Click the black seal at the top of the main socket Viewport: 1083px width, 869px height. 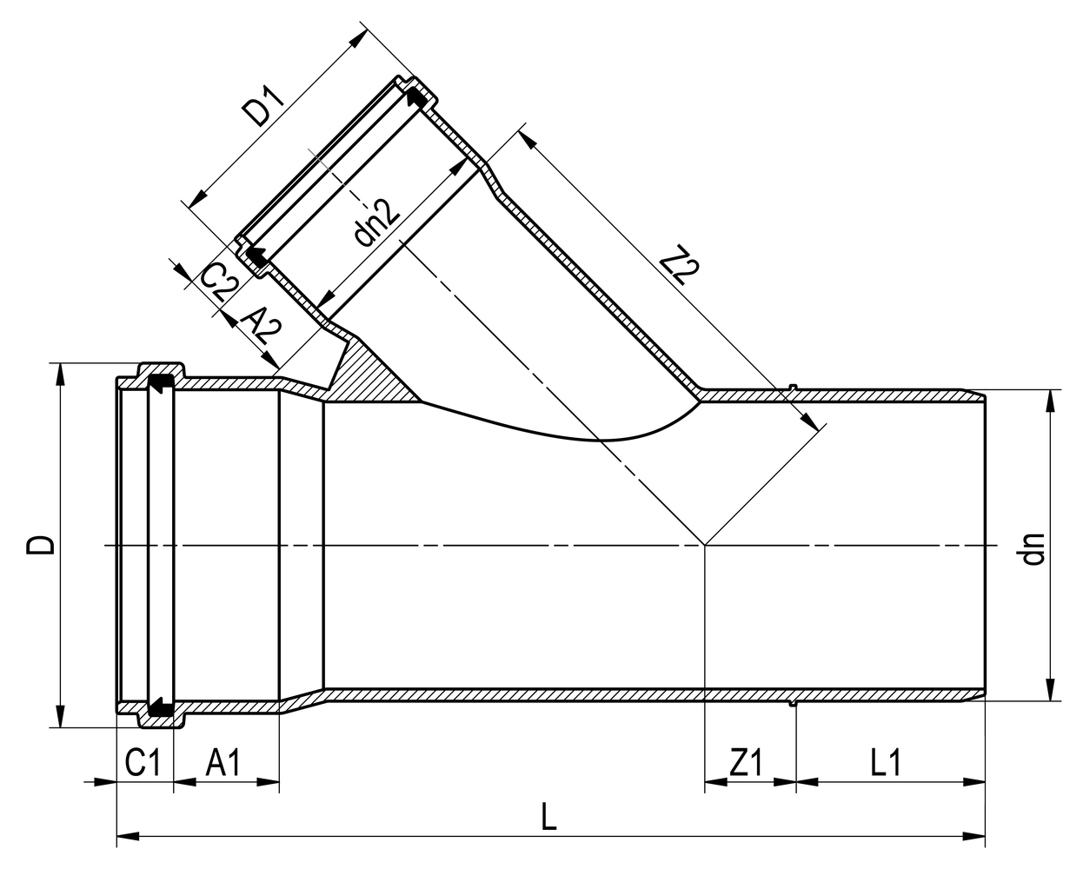coord(160,383)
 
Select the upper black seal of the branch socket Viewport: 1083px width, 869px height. coord(418,98)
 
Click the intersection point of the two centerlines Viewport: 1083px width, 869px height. coord(705,545)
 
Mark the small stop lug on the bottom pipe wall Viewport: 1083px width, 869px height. coord(793,703)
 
